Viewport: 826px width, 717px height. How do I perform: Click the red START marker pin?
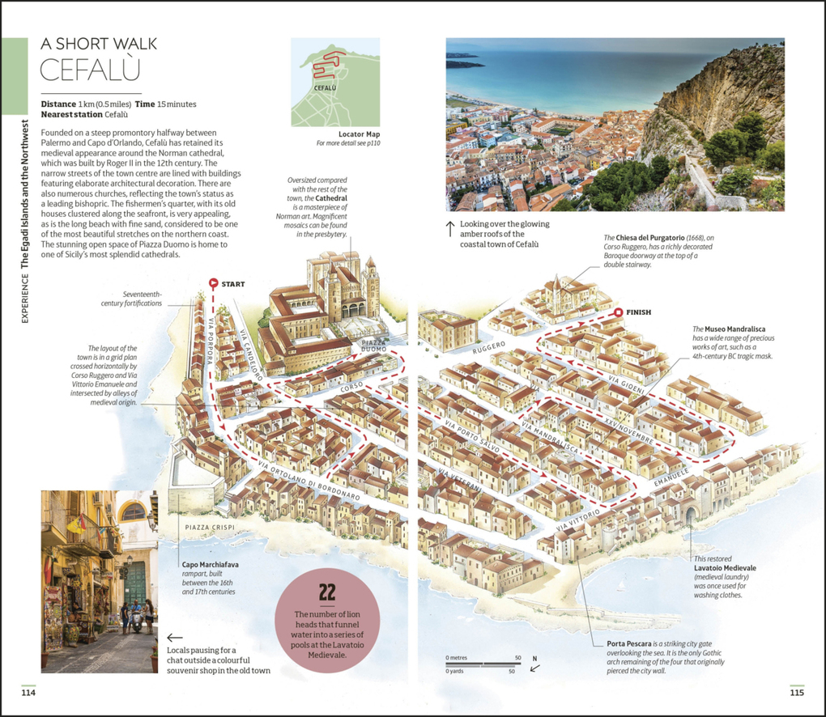click(214, 283)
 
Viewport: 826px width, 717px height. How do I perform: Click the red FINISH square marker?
click(618, 312)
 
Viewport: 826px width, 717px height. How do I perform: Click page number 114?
click(29, 692)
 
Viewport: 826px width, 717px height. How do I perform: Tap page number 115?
click(796, 692)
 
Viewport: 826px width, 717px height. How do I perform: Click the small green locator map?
click(335, 82)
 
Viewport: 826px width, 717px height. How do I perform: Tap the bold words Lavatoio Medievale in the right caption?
click(724, 568)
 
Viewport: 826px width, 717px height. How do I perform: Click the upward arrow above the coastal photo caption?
click(450, 229)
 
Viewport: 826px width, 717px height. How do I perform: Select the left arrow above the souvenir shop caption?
click(174, 637)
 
